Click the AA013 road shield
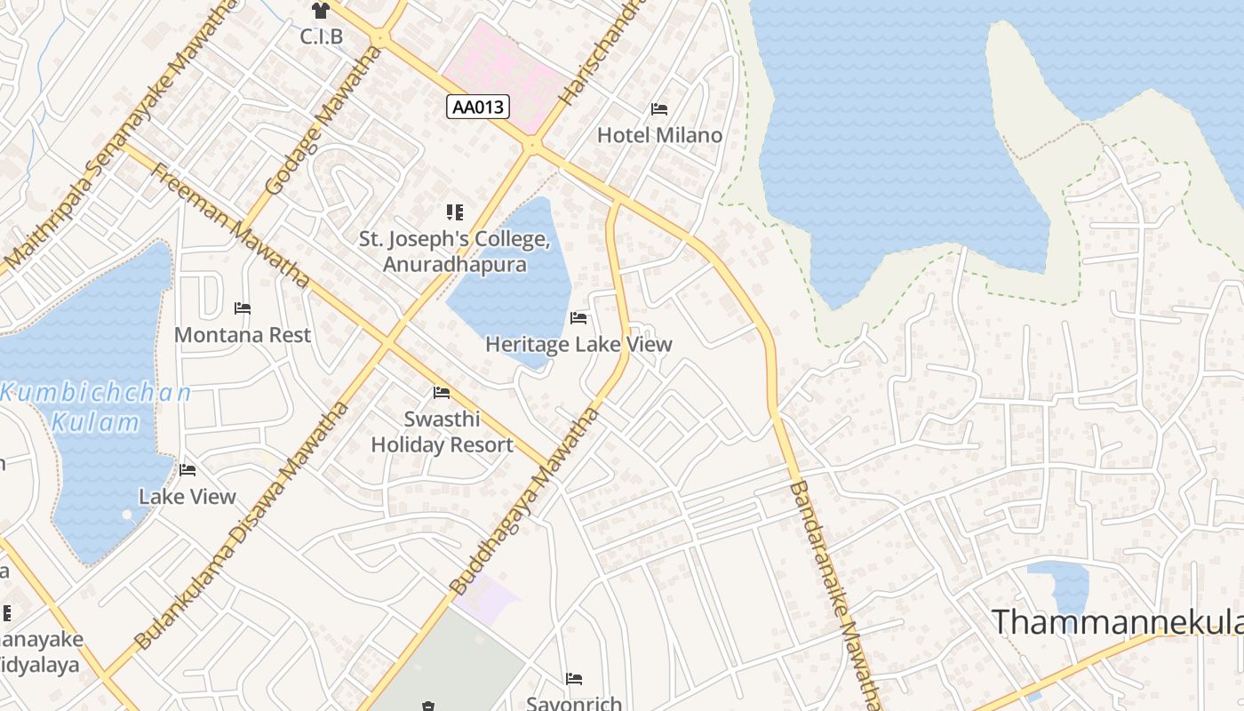[478, 108]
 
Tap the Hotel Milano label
[659, 135]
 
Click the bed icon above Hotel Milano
[659, 109]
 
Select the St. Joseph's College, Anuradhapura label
[455, 252]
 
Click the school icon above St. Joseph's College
[455, 212]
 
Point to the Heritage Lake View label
[578, 344]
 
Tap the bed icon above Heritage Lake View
[578, 318]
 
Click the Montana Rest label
[243, 335]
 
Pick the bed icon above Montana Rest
[243, 308]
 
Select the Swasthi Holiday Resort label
[442, 432]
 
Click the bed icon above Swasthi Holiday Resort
[442, 393]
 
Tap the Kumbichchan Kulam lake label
[96, 406]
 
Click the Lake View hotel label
[187, 496]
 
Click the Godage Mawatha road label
[317, 122]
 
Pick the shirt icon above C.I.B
[320, 11]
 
